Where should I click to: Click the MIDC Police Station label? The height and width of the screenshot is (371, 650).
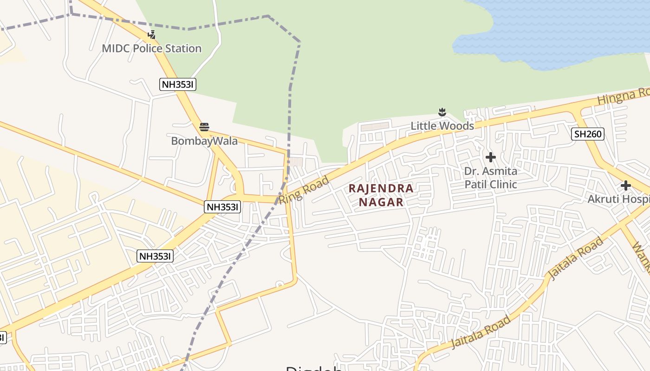151,48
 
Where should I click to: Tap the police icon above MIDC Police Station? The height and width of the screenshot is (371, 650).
151,34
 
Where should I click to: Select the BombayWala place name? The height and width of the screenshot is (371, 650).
204,141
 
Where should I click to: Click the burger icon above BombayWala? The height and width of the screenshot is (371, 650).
204,127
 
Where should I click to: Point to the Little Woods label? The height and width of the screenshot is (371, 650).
442,126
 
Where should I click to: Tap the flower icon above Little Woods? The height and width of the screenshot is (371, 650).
442,112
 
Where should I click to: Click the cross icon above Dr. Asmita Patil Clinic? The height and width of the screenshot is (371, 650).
490,157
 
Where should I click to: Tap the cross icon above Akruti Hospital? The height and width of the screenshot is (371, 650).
625,185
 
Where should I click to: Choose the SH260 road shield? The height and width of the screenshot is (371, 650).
587,134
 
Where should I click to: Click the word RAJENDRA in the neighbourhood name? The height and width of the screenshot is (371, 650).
381,188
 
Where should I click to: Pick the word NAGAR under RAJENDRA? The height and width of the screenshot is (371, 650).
381,202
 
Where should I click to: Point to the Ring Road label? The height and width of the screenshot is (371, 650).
304,190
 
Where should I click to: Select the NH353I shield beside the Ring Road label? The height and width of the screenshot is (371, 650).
222,207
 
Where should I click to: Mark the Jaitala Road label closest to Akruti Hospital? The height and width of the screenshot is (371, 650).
576,258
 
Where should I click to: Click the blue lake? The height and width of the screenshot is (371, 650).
557,32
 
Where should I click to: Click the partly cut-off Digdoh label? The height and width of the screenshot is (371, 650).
314,368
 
